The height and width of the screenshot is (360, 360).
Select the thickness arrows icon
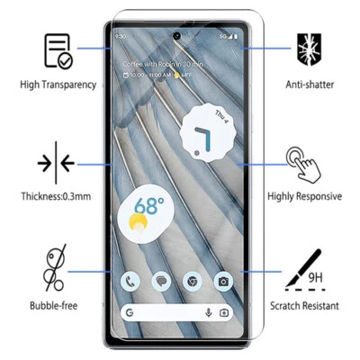pos(56,164)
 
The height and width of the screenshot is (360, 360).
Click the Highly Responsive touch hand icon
pos(303,164)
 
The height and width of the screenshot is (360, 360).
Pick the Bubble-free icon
pos(57,268)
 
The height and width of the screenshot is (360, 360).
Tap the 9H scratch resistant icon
pos(304,267)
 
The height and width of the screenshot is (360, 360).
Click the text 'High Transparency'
pos(58,85)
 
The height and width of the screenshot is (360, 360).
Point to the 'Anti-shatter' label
pos(305,85)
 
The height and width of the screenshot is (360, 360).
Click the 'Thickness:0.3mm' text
pos(57,196)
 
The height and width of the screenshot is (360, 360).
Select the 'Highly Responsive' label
pos(304,196)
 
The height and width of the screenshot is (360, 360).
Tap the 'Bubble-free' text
pos(56,306)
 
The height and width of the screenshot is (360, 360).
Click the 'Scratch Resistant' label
pos(304,306)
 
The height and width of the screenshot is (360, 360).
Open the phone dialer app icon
pos(131,282)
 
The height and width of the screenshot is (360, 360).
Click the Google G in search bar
pos(130,312)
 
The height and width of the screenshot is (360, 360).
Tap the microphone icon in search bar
pos(209,312)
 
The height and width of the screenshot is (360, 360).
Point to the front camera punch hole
pos(177,37)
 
